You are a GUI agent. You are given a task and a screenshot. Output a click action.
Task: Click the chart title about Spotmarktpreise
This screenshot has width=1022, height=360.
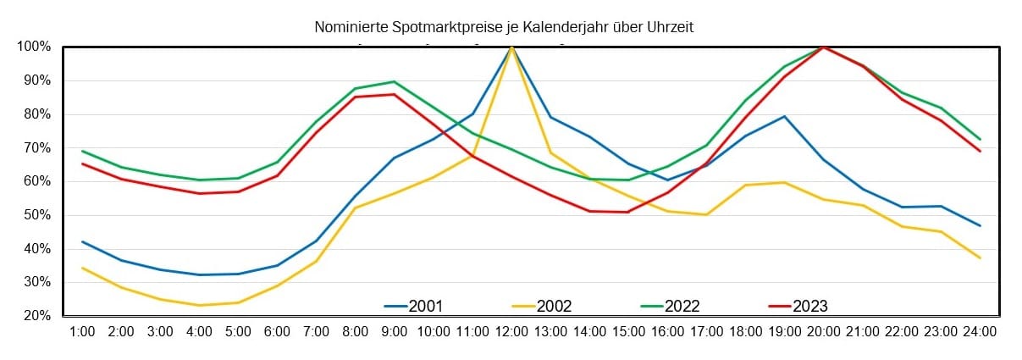click(x=504, y=28)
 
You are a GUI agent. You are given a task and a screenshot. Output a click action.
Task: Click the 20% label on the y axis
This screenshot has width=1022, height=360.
click(x=36, y=316)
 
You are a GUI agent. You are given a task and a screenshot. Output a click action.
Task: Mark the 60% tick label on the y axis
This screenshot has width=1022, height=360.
click(x=36, y=181)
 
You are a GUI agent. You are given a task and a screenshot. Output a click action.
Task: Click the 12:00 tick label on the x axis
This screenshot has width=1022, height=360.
click(x=511, y=333)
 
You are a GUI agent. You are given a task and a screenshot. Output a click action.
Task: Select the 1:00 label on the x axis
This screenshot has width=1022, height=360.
click(x=82, y=333)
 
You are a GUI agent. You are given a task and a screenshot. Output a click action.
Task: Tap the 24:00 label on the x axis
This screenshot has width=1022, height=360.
click(x=980, y=333)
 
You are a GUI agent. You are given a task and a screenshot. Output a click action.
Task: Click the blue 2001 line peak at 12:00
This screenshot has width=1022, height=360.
click(x=511, y=47)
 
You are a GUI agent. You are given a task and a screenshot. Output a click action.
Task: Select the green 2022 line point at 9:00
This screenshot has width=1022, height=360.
click(x=395, y=81)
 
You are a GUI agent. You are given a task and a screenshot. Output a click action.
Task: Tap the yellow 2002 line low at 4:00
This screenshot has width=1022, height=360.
click(x=199, y=305)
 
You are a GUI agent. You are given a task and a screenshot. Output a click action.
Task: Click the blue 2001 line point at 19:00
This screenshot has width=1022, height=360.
click(x=785, y=116)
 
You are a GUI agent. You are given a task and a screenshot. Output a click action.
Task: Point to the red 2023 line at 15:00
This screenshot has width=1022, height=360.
click(x=628, y=212)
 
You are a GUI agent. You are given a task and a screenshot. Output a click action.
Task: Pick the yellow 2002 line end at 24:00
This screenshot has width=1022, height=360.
click(x=980, y=258)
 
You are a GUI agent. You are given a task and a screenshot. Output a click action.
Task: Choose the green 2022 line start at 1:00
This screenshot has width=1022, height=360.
click(x=82, y=151)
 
